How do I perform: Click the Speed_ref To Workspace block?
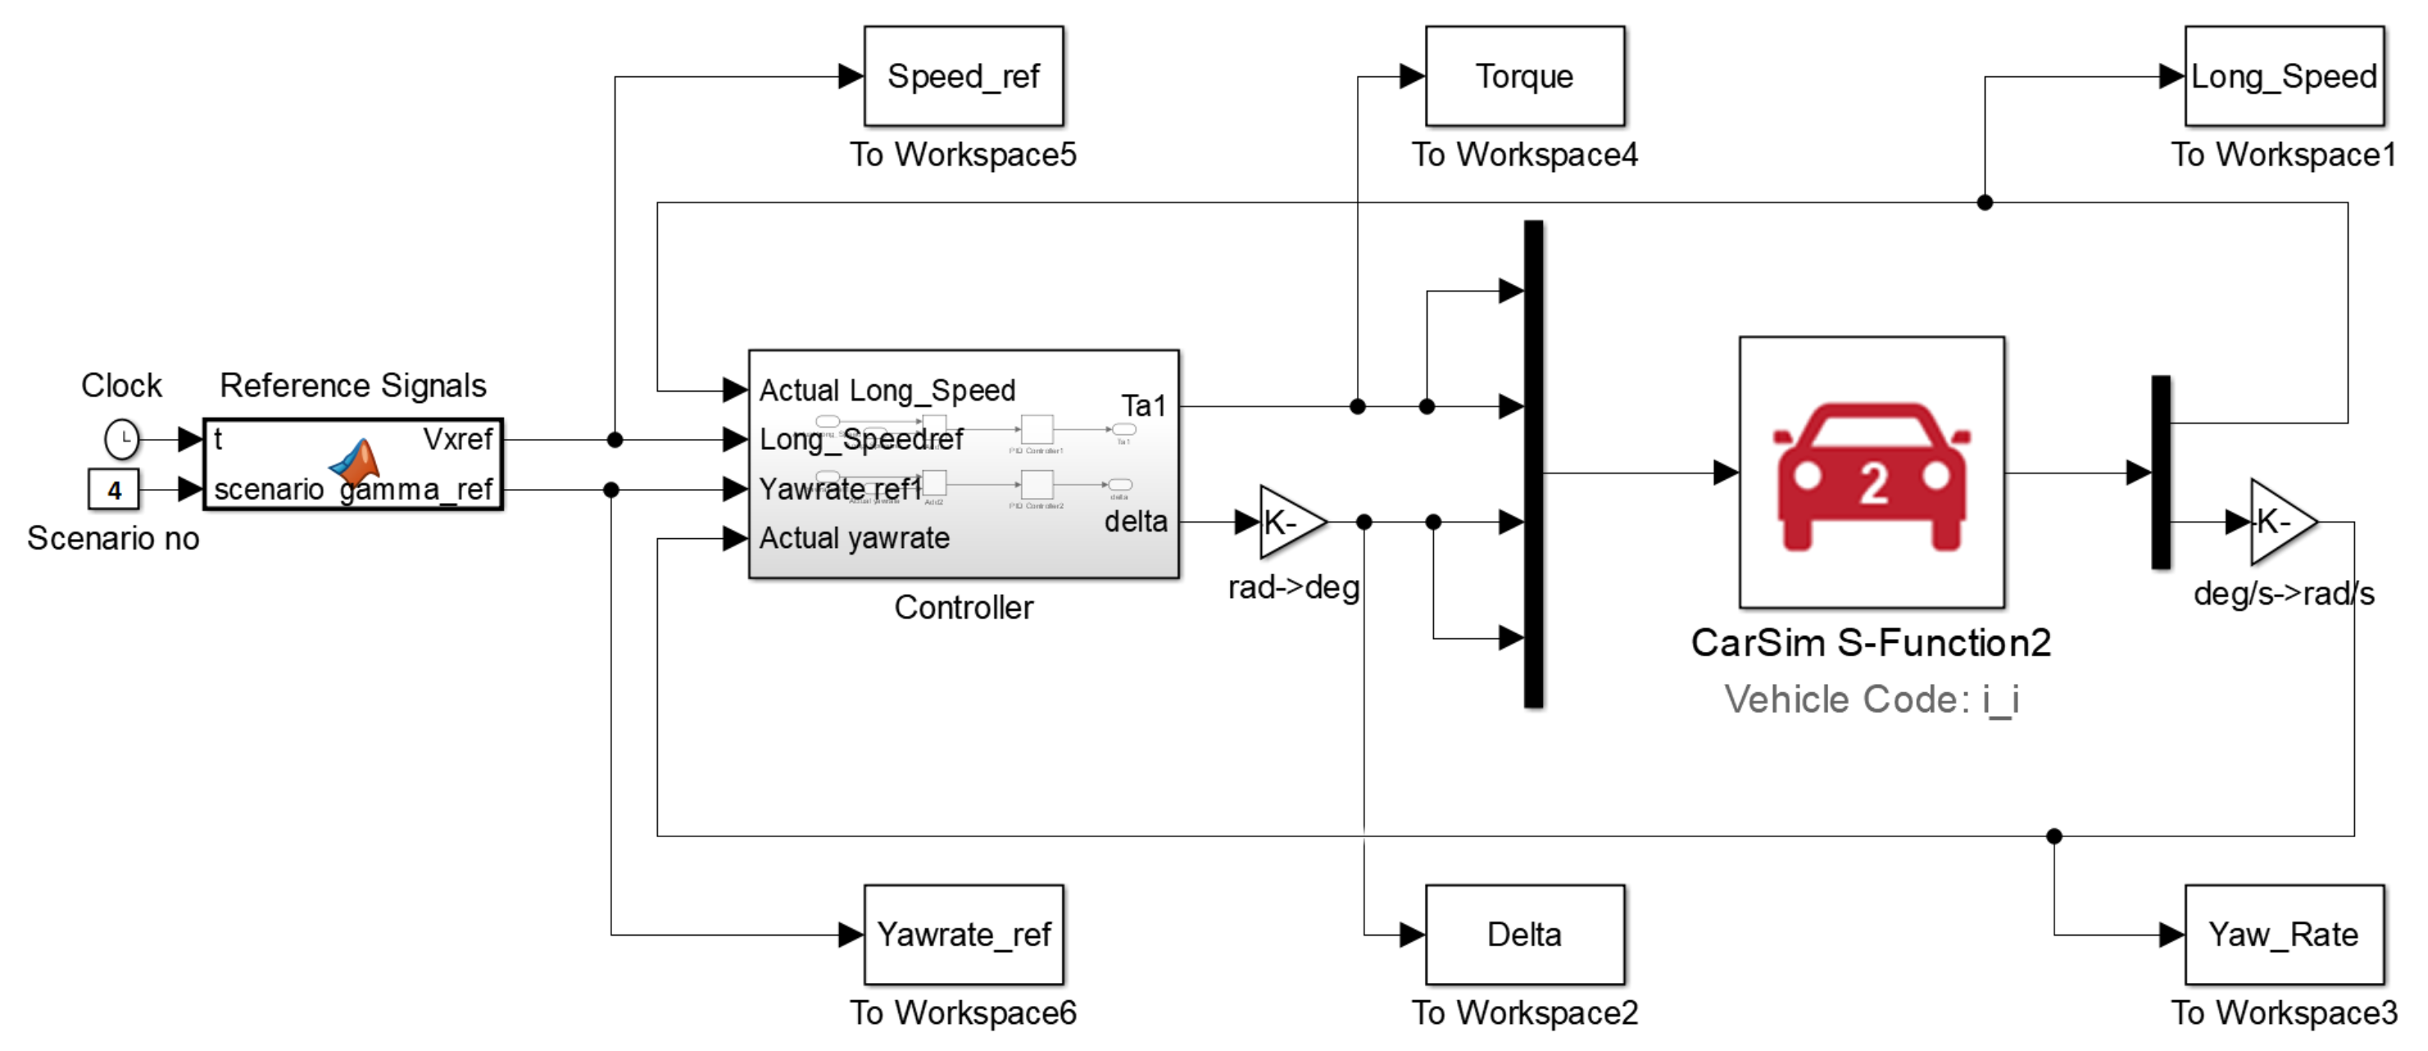(964, 76)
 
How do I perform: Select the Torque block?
(1524, 76)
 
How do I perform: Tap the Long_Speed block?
(2283, 76)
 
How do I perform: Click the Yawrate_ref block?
(964, 934)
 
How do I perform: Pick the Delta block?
(1524, 934)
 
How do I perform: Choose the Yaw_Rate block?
(2283, 934)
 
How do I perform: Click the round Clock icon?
(121, 439)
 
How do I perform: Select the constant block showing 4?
(114, 490)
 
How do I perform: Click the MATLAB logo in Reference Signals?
(356, 462)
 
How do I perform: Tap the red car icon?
(1871, 476)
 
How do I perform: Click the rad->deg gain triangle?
(1288, 521)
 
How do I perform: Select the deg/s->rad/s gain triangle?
(2279, 521)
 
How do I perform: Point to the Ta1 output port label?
(1143, 406)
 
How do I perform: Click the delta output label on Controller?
(1136, 521)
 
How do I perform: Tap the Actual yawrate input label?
(854, 538)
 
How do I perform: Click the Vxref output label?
(458, 439)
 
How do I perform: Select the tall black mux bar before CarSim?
(1533, 464)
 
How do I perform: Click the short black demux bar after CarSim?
(2161, 472)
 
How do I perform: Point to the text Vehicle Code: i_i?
(1871, 700)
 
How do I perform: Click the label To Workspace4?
(1524, 155)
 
